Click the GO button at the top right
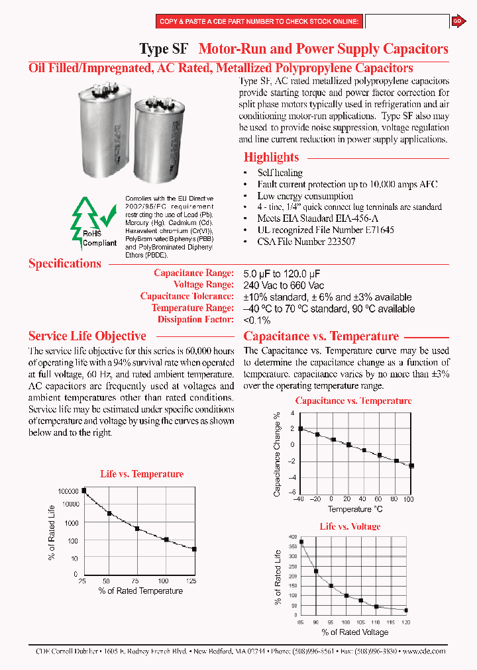tap(457, 21)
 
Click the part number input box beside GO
tap(407, 22)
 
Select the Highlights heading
tap(271, 158)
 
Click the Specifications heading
tap(64, 263)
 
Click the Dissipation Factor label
tap(195, 320)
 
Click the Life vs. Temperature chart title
tap(142, 474)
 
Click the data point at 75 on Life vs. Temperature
tap(137, 528)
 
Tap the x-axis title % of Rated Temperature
tap(140, 591)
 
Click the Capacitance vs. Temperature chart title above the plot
tap(353, 401)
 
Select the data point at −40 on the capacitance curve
tap(300, 429)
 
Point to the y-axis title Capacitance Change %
tap(278, 454)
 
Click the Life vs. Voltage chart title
tap(350, 526)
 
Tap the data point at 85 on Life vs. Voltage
tap(301, 542)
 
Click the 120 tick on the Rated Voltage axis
tap(406, 622)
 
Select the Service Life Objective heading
tap(87, 336)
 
